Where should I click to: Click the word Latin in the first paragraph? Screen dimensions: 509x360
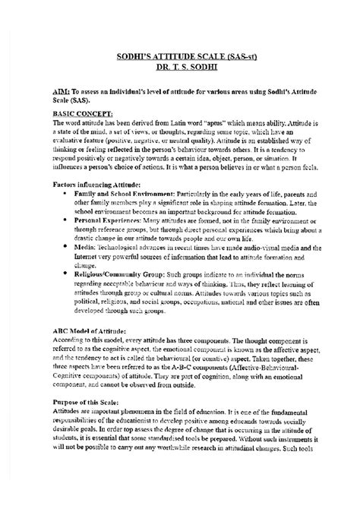[x=172, y=121]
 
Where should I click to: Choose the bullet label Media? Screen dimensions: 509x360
[x=82, y=249]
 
